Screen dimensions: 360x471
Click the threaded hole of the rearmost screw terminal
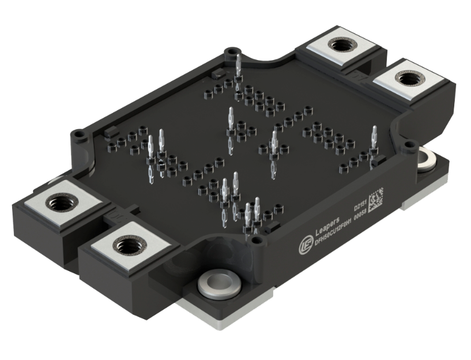point(336,45)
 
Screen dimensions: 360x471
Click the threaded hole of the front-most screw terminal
point(126,246)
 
